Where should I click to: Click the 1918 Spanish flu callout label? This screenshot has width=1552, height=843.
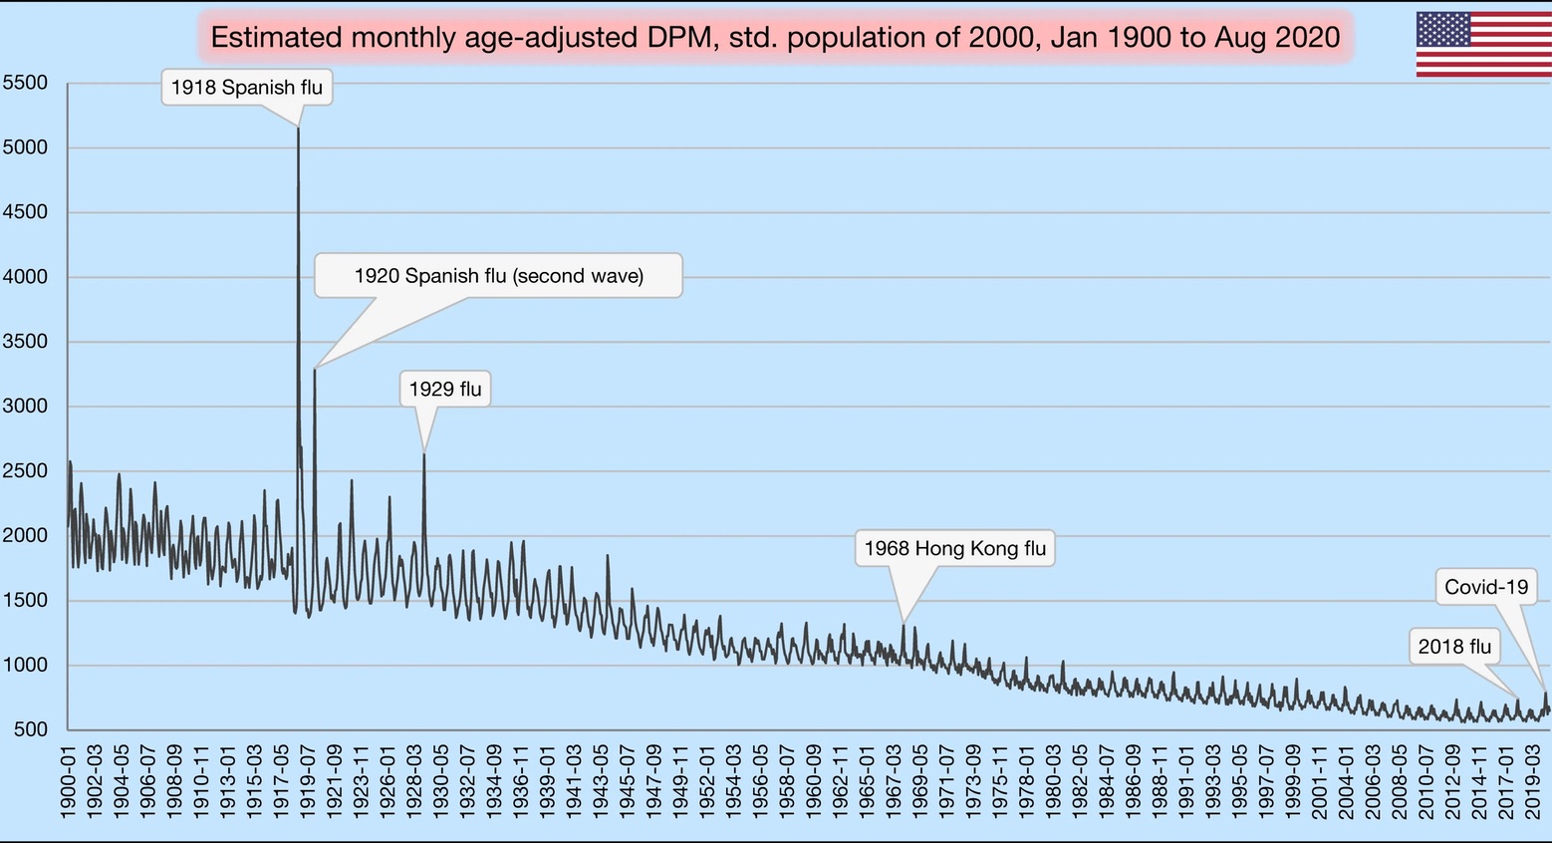[x=247, y=88]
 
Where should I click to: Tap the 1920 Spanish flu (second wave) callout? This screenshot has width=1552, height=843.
[x=498, y=276]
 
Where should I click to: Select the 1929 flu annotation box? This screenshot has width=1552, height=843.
[x=445, y=390]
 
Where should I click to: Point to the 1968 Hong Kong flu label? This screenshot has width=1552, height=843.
[x=954, y=549]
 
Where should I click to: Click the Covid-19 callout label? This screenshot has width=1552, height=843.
[x=1486, y=587]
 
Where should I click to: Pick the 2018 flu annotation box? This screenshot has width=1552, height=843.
[x=1454, y=648]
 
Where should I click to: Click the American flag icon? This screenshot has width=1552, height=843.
[x=1483, y=45]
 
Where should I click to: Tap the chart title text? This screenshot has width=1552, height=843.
[x=775, y=38]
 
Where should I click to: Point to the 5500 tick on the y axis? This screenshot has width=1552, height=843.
[x=26, y=83]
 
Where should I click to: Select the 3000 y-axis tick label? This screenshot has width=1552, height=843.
[x=26, y=407]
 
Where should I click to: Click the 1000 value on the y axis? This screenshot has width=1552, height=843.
[x=26, y=666]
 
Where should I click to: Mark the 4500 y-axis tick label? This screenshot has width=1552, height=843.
[x=26, y=212]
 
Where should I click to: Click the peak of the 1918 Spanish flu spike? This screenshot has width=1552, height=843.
[x=299, y=129]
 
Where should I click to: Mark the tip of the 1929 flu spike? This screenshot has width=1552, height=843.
[x=424, y=454]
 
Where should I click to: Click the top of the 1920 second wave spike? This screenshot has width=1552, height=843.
[x=315, y=370]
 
